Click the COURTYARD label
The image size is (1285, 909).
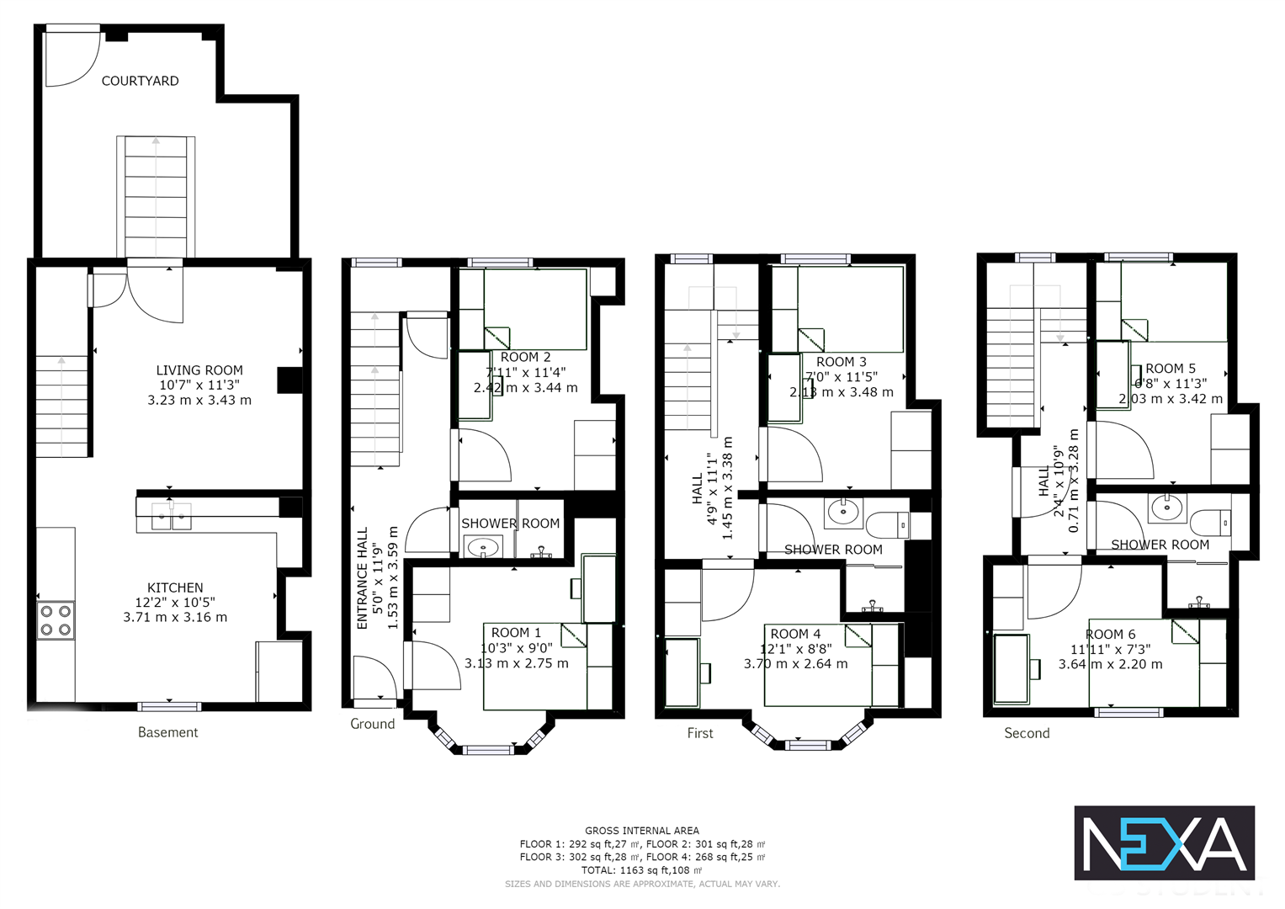140,81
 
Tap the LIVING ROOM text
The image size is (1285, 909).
199,370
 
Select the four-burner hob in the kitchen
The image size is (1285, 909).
56,620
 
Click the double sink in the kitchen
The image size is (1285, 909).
171,516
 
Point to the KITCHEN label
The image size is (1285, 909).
175,587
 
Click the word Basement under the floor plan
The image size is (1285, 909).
167,732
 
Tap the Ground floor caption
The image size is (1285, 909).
372,724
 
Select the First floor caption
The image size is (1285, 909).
699,733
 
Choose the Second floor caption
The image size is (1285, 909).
1027,733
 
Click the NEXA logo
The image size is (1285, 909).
1164,843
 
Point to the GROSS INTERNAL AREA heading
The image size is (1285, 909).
642,831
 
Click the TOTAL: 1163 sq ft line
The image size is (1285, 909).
642,870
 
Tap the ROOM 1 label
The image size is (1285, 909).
516,633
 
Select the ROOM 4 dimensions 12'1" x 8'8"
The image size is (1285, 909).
795,649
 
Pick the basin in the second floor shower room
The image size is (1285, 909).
1166,508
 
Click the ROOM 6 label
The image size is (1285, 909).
1110,635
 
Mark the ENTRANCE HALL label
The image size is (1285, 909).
363,578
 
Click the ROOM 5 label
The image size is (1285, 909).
1170,369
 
